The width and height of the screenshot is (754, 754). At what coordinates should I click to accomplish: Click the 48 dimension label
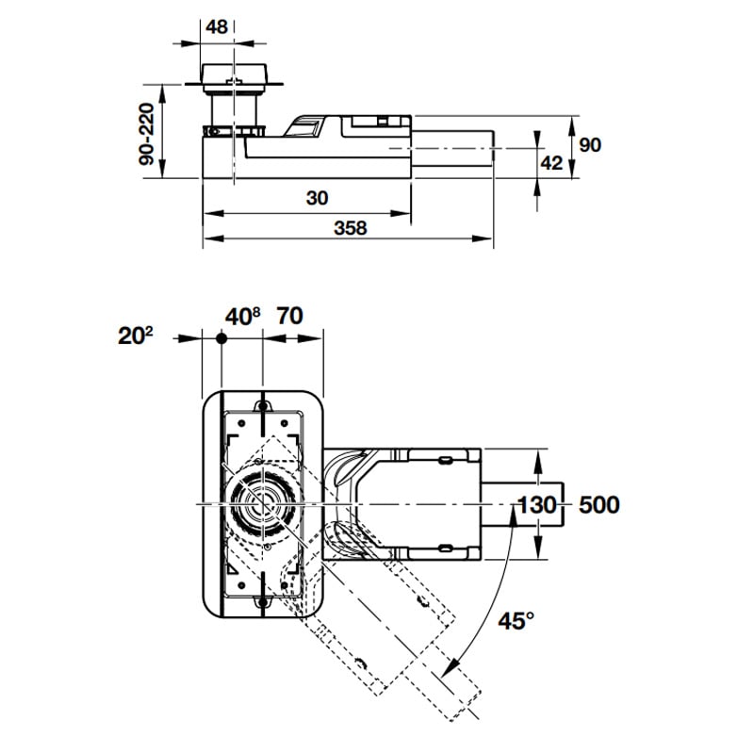217,27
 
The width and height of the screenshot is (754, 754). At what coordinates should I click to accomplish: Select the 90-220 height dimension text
147,134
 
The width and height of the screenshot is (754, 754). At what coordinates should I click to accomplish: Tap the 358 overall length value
350,228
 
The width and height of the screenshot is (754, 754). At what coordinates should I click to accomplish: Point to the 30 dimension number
317,198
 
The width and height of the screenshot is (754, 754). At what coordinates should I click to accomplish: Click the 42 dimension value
551,163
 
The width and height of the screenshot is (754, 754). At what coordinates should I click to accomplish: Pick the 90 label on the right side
590,145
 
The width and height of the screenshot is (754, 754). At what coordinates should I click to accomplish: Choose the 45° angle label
516,621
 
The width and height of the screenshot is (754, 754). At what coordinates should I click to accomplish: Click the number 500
599,505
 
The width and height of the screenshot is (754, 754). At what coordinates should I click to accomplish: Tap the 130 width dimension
537,505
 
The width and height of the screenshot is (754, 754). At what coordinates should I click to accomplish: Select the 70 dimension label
289,316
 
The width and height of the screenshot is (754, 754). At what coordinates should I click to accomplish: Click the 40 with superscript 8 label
243,317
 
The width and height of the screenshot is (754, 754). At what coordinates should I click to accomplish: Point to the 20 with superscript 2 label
135,336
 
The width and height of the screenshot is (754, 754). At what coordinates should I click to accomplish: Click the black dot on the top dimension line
221,338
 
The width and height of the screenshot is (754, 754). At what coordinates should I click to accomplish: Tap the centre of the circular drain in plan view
262,504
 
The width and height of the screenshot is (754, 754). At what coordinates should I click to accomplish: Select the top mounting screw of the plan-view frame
263,407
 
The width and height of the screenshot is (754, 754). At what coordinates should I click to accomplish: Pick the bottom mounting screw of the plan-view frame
263,601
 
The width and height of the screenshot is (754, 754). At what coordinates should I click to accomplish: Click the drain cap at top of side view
234,78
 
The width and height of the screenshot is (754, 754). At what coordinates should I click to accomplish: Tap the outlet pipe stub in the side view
452,148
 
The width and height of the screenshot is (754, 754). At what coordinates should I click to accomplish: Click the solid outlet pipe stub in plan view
522,503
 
